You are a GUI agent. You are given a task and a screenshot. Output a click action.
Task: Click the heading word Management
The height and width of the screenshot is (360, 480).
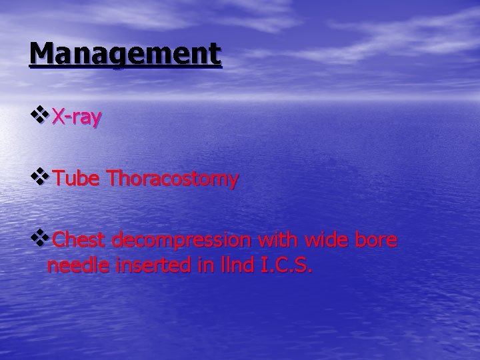[x=125, y=54]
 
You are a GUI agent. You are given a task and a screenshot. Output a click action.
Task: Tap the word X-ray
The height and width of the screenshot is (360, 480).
[x=77, y=117]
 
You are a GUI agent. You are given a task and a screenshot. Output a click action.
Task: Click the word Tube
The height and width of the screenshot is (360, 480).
[x=77, y=179]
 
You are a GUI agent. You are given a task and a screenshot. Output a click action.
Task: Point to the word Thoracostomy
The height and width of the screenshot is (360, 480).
[x=172, y=179]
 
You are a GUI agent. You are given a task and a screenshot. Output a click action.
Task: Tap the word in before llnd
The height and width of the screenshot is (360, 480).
[x=199, y=266]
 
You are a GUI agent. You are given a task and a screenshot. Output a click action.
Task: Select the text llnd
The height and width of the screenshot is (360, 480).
[x=233, y=266]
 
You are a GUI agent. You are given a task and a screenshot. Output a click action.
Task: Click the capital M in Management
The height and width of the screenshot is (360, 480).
[x=41, y=54]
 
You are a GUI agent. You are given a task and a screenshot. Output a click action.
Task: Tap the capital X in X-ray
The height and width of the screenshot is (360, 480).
[x=59, y=117]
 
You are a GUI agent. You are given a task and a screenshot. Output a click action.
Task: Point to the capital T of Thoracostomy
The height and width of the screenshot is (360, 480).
[x=113, y=179]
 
